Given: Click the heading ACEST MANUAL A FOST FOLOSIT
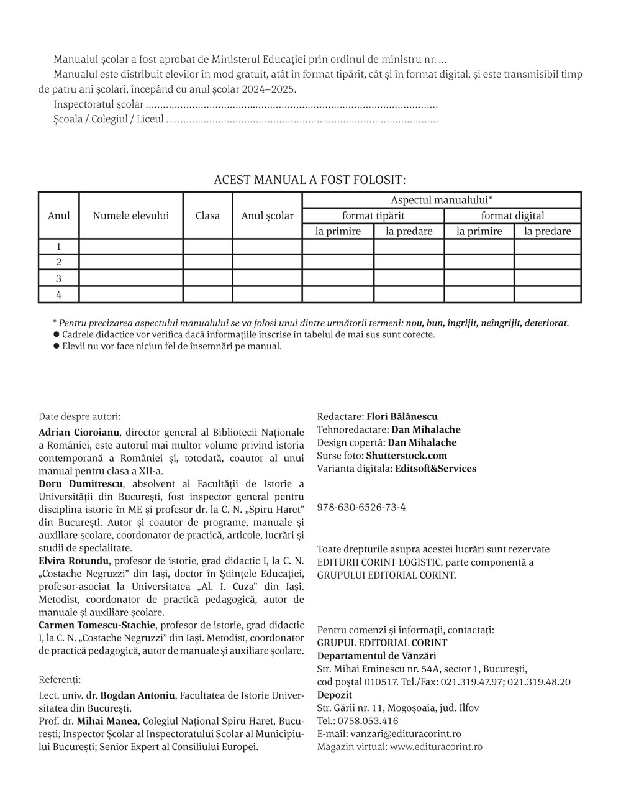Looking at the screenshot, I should pos(309,180).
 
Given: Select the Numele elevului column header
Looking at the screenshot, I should pos(131,216).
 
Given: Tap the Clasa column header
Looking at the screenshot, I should pos(207,216).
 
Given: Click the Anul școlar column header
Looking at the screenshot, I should pos(267,216).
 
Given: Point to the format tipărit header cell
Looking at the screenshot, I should pos(373,216).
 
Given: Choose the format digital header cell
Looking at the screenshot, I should pos(512,216).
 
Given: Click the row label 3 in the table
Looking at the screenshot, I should pos(59,278).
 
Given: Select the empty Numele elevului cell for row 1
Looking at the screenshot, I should pos(131,247).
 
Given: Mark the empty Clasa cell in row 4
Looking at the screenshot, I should pos(207,295).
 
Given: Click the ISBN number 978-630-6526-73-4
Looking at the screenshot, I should pos(361,507).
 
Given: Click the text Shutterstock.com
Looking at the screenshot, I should pos(406,456).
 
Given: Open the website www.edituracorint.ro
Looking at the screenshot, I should pos(436,747).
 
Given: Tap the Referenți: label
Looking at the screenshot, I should pos(60,680).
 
